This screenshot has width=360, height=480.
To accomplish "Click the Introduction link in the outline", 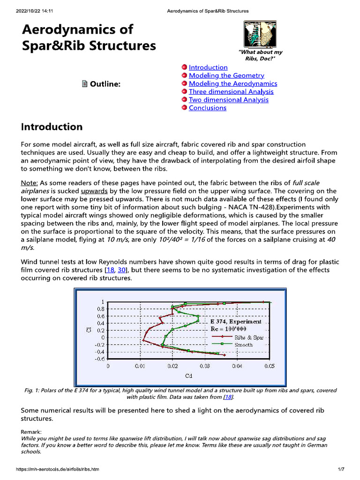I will click(x=208, y=67).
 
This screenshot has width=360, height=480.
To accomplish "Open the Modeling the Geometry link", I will click(x=226, y=75).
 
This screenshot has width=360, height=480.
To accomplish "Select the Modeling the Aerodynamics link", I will click(x=232, y=83).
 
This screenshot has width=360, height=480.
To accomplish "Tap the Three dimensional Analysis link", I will click(x=231, y=91).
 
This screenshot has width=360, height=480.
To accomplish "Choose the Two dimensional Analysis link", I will click(x=228, y=99).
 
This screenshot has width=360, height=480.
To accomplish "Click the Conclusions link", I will click(x=207, y=108).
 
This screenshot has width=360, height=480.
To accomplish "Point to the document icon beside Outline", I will click(x=85, y=84).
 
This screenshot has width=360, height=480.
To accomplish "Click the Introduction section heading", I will click(x=52, y=127).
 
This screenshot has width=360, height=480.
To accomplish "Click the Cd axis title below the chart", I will click(x=188, y=375).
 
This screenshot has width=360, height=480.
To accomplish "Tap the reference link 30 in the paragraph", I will click(x=122, y=270).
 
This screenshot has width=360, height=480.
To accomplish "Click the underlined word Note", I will click(x=30, y=182).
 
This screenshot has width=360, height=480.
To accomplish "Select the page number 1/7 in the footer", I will click(x=341, y=469).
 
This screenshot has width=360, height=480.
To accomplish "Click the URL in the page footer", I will click(x=58, y=469).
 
